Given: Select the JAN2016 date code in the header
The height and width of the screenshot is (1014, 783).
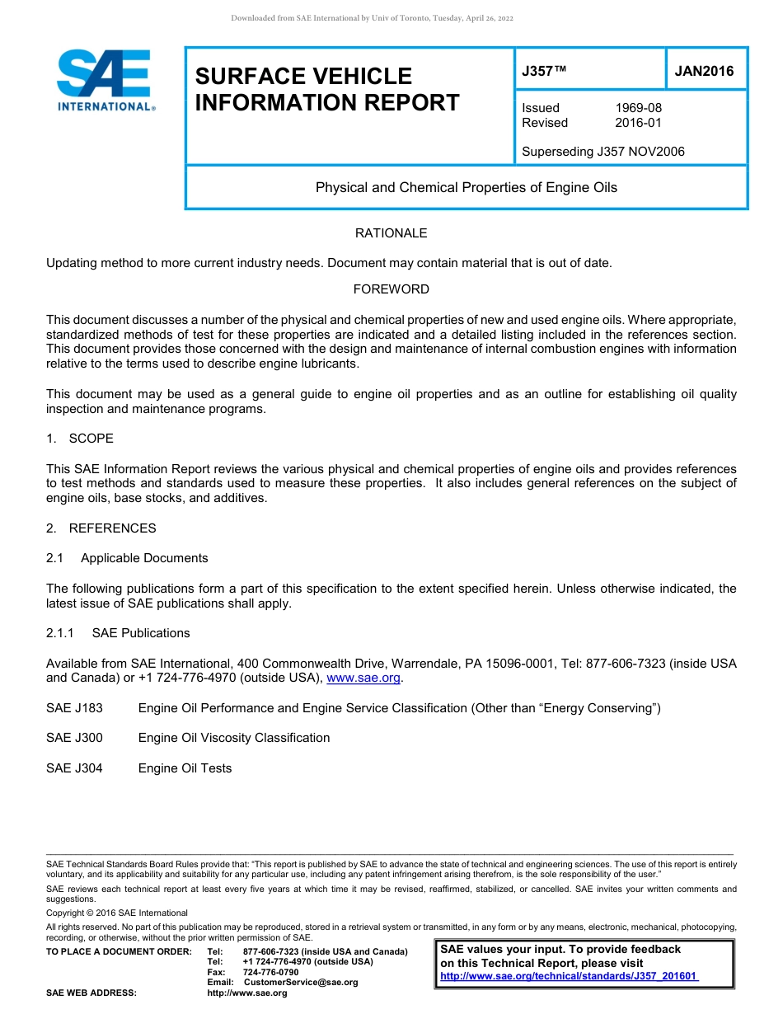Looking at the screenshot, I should pos(704,71).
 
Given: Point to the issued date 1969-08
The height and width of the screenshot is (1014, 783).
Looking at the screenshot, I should pos(638,108).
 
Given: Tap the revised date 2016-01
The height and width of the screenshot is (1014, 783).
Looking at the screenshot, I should pos(638,123).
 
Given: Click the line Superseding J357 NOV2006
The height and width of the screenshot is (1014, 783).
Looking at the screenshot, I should pos(602,152).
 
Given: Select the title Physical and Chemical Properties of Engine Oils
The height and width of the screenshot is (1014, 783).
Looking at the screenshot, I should pos(466,187).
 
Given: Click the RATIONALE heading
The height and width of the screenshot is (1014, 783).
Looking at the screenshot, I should pos(391,233).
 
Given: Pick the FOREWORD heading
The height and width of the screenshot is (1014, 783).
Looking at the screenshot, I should pos(391,289).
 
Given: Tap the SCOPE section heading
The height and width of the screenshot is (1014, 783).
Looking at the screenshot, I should pos(91,439).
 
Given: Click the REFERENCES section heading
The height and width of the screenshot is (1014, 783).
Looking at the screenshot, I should pos(112,528).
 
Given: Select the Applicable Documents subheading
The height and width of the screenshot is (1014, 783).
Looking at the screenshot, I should pos(144,558).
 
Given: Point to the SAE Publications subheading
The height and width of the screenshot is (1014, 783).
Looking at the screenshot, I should pos(141,633).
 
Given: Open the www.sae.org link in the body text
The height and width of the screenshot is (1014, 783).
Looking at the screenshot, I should pos(363,678).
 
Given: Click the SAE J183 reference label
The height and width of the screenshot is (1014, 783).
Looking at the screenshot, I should pos(74,708).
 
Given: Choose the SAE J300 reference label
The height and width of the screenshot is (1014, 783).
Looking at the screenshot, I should pos(74,738).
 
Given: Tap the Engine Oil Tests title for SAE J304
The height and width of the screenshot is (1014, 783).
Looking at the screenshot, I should pos(185,768).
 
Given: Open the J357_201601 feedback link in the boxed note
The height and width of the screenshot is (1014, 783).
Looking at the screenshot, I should pos(569,976).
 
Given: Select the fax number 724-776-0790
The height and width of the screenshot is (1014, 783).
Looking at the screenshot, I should pos(270,972).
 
